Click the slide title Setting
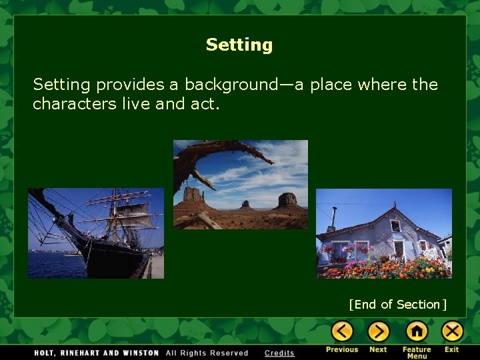click(239, 45)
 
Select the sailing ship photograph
click(95, 233)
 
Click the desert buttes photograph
click(240, 185)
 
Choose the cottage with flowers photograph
click(383, 233)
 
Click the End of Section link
click(397, 305)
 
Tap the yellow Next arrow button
click(378, 331)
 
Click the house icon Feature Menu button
click(416, 331)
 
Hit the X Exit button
click(453, 331)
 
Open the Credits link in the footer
click(279, 353)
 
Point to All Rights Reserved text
click(207, 353)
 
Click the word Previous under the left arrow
click(342, 349)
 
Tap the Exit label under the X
click(452, 349)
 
